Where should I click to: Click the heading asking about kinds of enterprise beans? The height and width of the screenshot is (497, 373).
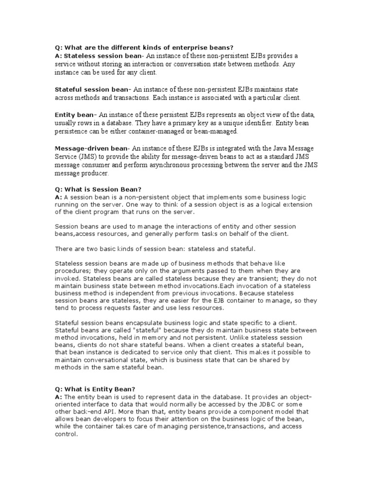pos(144,47)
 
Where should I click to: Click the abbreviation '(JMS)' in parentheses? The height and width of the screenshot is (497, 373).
pos(86,157)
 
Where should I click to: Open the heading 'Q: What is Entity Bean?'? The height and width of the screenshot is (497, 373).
pos(95,389)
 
